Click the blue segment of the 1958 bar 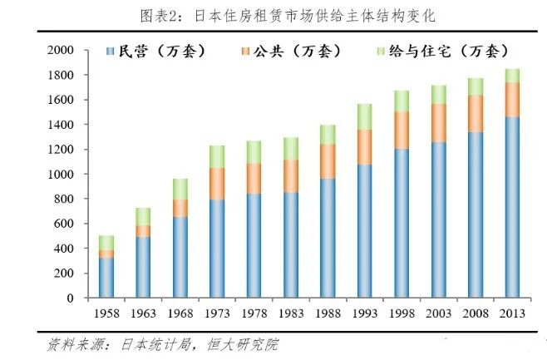(x=106, y=277)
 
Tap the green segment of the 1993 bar (x=364, y=116)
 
